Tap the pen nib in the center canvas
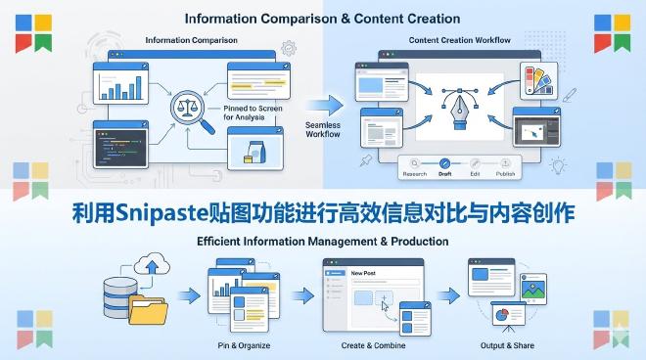[456, 105]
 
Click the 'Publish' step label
[505, 173]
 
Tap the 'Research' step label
[415, 173]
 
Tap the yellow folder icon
[151, 310]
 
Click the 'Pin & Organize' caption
[244, 345]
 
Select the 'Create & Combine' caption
[373, 345]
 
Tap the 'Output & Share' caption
[501, 345]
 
